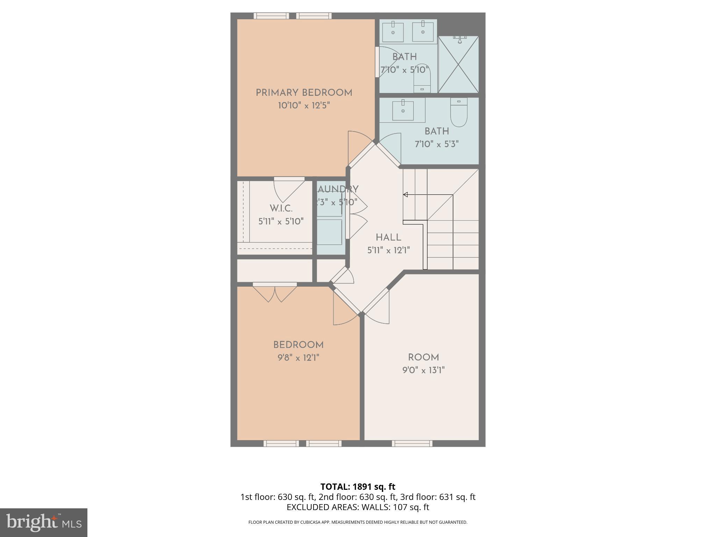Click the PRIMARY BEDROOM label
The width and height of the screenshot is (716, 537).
click(x=304, y=93)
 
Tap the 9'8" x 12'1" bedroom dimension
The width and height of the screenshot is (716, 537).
click(x=299, y=358)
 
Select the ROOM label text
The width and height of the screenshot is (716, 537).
click(x=423, y=357)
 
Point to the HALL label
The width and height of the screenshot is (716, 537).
click(x=388, y=238)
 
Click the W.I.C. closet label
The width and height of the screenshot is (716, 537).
click(x=281, y=209)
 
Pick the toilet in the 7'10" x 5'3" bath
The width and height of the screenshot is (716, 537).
click(x=459, y=113)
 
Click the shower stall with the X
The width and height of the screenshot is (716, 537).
click(x=458, y=65)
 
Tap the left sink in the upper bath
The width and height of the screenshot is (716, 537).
click(x=393, y=32)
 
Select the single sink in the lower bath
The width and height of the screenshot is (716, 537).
click(x=403, y=110)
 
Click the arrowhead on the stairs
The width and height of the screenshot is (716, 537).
click(x=406, y=195)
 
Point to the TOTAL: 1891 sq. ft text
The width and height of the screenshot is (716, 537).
click(x=358, y=487)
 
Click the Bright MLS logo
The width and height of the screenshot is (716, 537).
click(x=43, y=522)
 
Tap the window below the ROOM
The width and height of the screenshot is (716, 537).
click(x=412, y=443)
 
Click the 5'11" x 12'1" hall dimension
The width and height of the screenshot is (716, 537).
click(x=388, y=250)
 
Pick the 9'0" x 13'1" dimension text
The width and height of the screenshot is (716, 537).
click(x=423, y=370)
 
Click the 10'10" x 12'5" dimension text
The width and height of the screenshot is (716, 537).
click(x=304, y=106)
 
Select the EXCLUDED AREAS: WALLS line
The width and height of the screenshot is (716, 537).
click(x=358, y=507)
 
